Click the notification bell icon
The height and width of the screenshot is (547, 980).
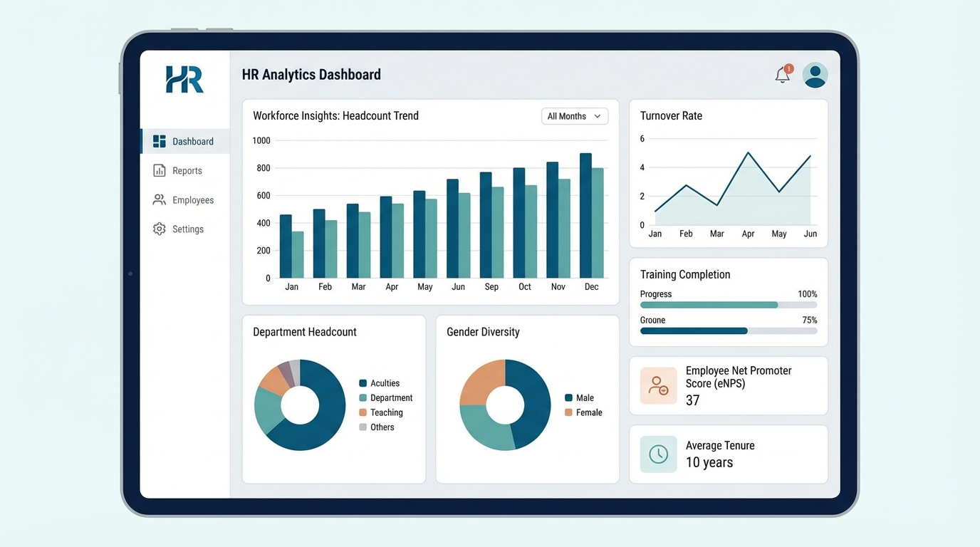click(x=783, y=75)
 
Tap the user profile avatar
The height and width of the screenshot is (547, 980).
click(x=815, y=75)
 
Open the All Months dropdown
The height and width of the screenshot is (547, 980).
click(x=575, y=116)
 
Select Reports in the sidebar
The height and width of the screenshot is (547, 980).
click(x=187, y=171)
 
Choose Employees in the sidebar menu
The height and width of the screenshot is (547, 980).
click(x=192, y=200)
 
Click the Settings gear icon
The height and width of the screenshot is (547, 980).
click(x=160, y=229)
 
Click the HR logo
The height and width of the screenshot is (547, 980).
click(x=184, y=79)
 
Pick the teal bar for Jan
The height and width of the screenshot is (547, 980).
click(x=298, y=254)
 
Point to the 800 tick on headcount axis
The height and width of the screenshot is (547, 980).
click(x=263, y=168)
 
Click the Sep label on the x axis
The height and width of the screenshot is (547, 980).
click(x=491, y=287)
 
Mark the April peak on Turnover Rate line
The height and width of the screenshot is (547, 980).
click(x=748, y=152)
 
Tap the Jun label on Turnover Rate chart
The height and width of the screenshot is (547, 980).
click(x=810, y=234)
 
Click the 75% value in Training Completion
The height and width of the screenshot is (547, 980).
click(x=809, y=321)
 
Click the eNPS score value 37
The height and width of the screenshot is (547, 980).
click(x=692, y=400)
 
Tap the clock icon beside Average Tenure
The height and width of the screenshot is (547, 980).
click(x=658, y=454)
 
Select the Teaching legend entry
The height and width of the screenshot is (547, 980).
click(x=386, y=412)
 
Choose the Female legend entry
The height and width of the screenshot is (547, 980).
click(x=588, y=412)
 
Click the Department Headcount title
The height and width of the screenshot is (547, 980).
click(x=305, y=332)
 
